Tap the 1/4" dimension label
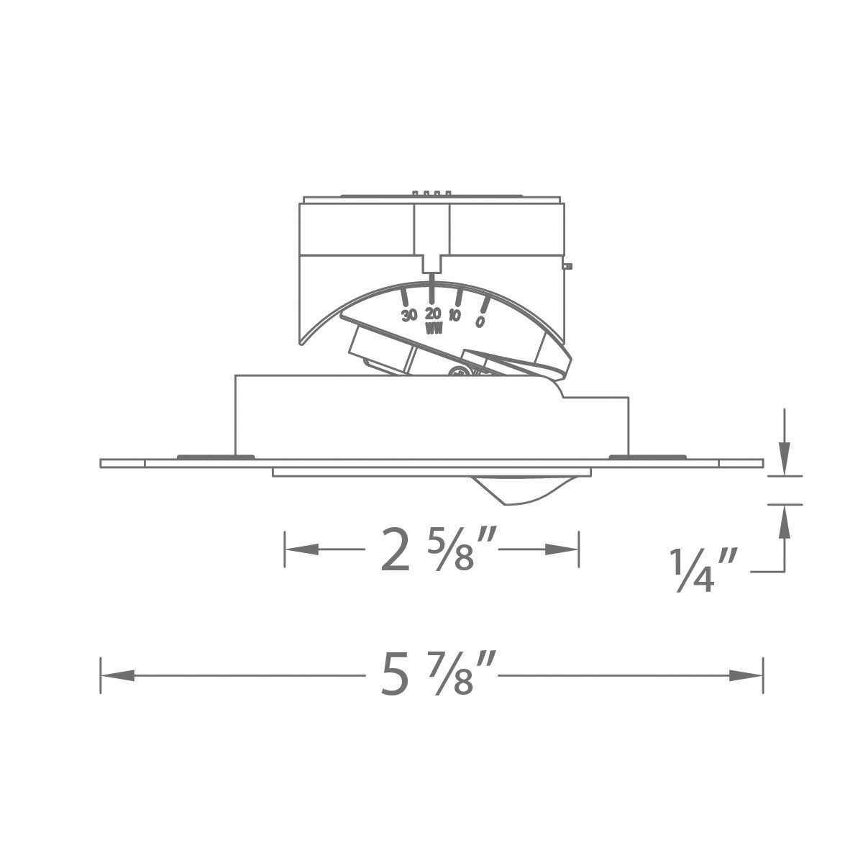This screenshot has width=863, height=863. click(x=693, y=572)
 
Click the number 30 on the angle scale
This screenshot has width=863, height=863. click(x=409, y=315)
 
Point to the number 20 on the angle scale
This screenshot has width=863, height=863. click(x=433, y=314)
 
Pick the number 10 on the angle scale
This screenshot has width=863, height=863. click(x=455, y=315)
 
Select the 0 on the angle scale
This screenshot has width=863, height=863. click(x=480, y=321)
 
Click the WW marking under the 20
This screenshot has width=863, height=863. click(x=434, y=329)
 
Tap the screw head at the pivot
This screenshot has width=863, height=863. click(x=457, y=372)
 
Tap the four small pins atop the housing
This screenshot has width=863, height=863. click(x=431, y=193)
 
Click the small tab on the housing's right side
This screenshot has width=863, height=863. click(x=567, y=267)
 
